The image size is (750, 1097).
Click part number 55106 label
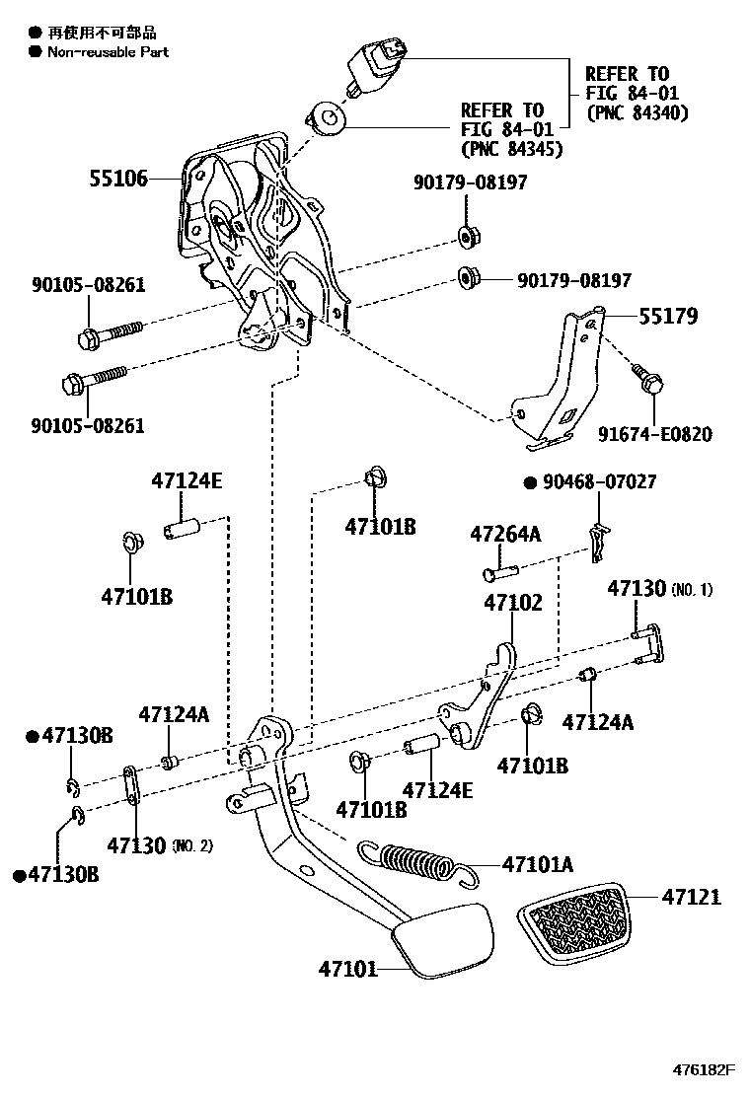[x=118, y=179]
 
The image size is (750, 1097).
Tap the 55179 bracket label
[x=667, y=317]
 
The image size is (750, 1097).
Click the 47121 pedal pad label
[x=691, y=897]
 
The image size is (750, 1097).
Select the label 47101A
[x=538, y=865]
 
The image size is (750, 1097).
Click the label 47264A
[x=505, y=534]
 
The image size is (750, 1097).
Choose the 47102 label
[x=512, y=602]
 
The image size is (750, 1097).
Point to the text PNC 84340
[x=637, y=112]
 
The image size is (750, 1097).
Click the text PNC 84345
[x=511, y=149]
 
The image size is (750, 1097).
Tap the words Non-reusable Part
[x=109, y=51]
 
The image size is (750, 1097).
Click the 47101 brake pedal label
[x=347, y=969]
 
